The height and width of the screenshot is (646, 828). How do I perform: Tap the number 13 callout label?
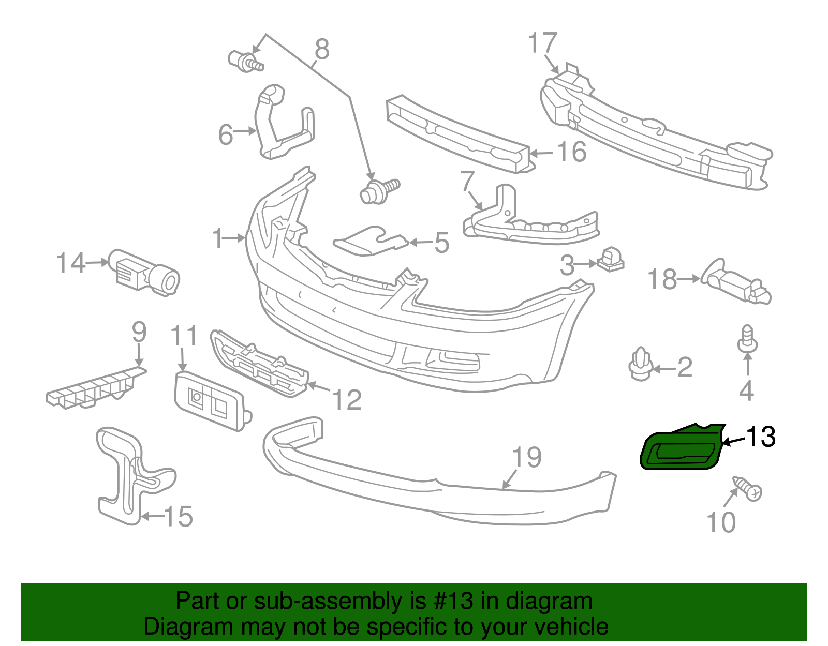pyautogui.click(x=760, y=437)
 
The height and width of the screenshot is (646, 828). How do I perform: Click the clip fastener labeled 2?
pyautogui.click(x=640, y=364)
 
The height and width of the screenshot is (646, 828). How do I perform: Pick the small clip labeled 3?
pyautogui.click(x=611, y=259)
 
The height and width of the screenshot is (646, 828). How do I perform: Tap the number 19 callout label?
pyautogui.click(x=527, y=457)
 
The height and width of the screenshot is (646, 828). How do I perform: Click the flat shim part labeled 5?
pyautogui.click(x=370, y=242)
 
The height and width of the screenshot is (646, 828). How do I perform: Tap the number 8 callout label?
pyautogui.click(x=322, y=50)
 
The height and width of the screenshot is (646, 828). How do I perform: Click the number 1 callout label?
pyautogui.click(x=218, y=238)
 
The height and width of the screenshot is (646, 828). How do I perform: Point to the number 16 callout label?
pyautogui.click(x=571, y=152)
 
